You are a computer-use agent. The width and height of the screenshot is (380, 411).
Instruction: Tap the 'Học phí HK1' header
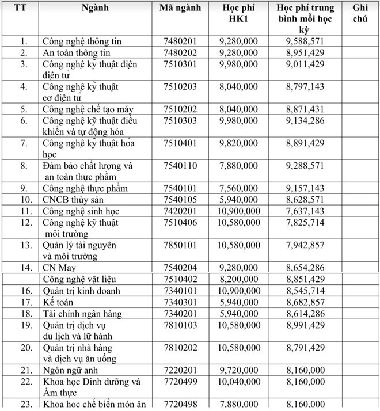click(x=238, y=14)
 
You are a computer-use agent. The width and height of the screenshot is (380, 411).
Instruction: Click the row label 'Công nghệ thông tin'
click(x=82, y=42)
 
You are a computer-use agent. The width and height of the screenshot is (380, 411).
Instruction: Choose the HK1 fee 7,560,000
click(x=238, y=188)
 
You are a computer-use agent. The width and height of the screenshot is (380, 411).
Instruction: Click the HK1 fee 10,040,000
click(x=238, y=382)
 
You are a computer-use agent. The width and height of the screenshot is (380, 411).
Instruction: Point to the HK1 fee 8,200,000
click(x=238, y=279)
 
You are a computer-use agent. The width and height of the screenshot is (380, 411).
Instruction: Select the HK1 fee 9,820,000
click(x=238, y=143)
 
